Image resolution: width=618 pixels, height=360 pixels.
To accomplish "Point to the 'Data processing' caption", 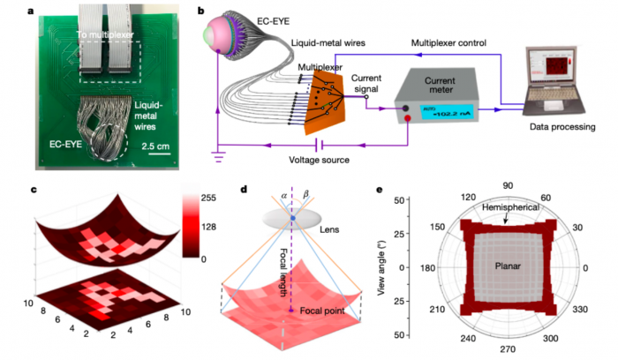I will pyautogui.click(x=565, y=129).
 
